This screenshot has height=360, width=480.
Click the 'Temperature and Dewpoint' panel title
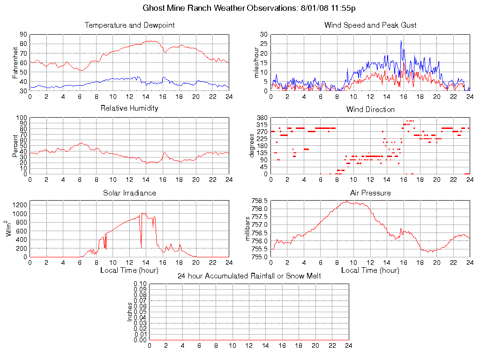[129, 25]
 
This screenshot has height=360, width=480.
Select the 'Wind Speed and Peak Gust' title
[370, 25]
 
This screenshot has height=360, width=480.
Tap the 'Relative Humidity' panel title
[129, 108]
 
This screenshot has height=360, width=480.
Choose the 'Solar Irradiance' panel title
[129, 193]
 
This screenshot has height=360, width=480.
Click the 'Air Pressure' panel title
[370, 193]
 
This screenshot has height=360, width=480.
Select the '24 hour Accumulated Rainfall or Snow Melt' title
[249, 276]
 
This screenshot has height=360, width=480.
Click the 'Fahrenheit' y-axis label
[15, 62]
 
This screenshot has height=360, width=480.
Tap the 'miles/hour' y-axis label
[256, 62]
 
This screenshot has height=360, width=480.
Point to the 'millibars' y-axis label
[248, 229]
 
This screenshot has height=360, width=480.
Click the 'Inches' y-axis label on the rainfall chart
[130, 312]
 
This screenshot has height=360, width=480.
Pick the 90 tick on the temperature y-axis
[23, 34]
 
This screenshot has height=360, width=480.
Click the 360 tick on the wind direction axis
[261, 118]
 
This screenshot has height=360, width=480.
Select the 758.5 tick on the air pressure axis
[259, 201]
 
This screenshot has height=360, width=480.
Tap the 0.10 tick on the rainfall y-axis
[140, 284]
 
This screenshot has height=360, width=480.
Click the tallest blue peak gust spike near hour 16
[401, 41]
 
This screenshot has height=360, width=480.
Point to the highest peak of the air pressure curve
[347, 201]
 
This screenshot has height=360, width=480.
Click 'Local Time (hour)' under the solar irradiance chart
[129, 270]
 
